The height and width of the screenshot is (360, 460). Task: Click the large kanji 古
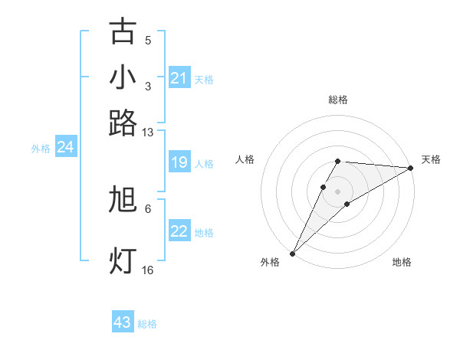123,32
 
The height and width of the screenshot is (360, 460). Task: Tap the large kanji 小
123,77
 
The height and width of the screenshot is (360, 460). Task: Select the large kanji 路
123,123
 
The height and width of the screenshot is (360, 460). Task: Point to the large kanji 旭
123,200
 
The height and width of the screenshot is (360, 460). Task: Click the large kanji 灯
123,261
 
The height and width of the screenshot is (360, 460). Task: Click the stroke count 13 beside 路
148,133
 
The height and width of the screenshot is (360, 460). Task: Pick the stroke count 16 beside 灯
148,270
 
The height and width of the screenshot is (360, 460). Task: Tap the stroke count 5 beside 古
148,41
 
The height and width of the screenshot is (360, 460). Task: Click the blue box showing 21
179,78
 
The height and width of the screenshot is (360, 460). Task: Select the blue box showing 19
179,162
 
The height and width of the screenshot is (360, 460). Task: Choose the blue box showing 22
179,231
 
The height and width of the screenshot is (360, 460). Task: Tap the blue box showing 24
65,147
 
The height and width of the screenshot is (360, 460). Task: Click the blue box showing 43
123,322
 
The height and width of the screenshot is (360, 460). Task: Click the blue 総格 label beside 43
147,324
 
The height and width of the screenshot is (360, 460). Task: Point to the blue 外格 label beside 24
41,149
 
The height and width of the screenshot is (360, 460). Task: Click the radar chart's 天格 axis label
431,159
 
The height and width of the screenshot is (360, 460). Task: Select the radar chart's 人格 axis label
245,159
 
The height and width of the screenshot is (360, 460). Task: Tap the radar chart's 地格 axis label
402,263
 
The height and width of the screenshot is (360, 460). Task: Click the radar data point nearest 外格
292,253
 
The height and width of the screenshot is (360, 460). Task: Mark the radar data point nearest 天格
410,168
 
